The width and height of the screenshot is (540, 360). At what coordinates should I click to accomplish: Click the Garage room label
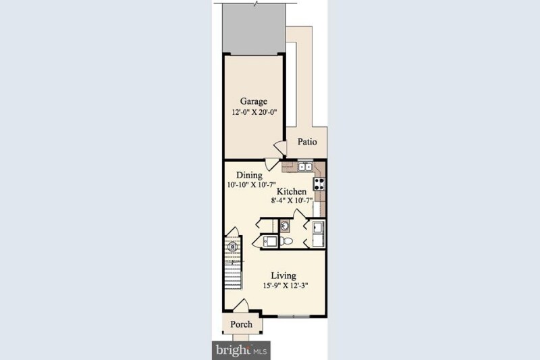253,102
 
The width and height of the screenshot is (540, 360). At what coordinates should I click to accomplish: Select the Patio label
307,142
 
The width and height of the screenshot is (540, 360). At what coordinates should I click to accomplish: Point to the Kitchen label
292,192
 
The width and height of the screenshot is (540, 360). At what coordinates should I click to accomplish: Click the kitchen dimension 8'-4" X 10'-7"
292,201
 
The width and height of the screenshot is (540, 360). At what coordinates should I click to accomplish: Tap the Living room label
283,276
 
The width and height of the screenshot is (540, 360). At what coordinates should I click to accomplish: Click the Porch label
241,324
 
